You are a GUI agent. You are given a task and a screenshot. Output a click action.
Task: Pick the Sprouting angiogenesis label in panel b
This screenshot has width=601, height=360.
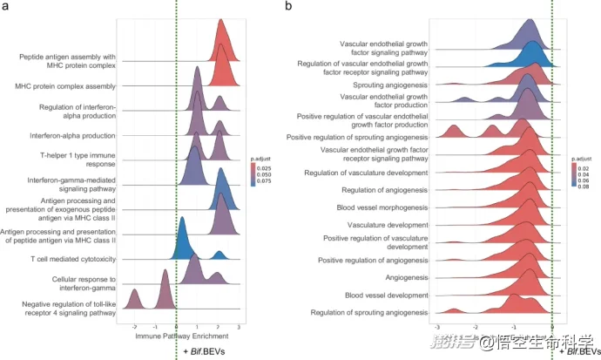pyautogui.click(x=388, y=85)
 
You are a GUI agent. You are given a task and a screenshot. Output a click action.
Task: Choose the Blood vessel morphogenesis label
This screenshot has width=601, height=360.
pyautogui.click(x=382, y=207)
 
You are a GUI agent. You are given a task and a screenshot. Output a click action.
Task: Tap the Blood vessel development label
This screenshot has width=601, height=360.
pyautogui.click(x=385, y=294)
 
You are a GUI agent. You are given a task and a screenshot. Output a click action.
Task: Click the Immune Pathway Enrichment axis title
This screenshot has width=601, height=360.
pyautogui.click(x=175, y=336)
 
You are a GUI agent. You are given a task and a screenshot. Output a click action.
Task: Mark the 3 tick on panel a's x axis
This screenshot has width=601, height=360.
pyautogui.click(x=240, y=325)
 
